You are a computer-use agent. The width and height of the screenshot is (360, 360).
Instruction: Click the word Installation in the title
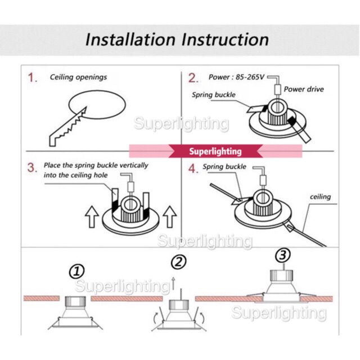point(130,39)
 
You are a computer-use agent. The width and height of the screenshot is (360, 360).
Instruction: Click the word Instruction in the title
point(225,39)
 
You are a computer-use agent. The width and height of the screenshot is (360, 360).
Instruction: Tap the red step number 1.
point(33,78)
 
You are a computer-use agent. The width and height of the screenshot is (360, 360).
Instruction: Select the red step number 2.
point(193,78)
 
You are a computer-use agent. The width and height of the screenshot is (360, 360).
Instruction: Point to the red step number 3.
point(32,168)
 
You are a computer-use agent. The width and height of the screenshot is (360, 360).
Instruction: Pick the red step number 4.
point(193,169)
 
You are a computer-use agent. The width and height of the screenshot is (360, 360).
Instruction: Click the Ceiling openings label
point(79,78)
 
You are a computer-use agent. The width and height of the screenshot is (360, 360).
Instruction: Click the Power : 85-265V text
point(236,77)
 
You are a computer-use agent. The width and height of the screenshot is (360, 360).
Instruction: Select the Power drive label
point(304,89)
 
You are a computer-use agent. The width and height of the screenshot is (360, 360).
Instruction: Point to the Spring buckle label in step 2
point(214,95)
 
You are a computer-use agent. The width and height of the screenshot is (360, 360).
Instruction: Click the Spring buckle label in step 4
point(224,166)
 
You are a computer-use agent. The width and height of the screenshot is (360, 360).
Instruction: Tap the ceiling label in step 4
point(320,197)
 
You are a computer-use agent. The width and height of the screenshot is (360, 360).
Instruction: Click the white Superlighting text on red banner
point(215,151)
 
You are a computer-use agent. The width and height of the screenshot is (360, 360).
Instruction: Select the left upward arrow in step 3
point(92,217)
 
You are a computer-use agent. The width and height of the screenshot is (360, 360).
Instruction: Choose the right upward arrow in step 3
point(170,217)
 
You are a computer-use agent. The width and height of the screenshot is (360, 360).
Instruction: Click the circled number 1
point(76,271)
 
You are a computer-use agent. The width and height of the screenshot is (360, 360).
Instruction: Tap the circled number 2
point(179,262)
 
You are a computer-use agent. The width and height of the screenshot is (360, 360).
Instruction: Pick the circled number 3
point(283,255)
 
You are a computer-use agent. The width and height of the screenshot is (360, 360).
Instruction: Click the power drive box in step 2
point(277,89)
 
